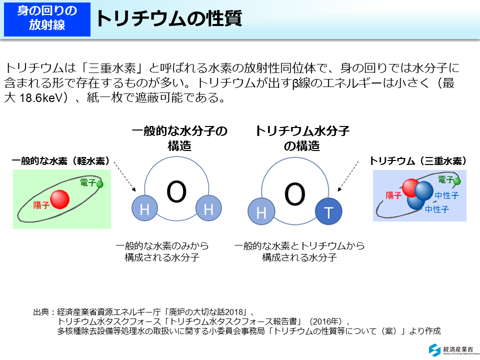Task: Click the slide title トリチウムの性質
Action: (169, 18)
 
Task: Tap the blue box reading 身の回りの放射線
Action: (47, 18)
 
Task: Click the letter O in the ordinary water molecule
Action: (176, 191)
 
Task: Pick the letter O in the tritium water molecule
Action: (294, 193)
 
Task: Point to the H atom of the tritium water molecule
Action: (261, 212)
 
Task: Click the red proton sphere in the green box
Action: (60, 198)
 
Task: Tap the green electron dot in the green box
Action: (100, 184)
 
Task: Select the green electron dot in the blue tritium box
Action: (457, 181)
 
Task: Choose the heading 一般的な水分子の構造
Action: (179, 138)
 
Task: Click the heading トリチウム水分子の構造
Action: (301, 138)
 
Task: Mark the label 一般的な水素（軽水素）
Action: (60, 161)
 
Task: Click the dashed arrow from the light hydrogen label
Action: (124, 176)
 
